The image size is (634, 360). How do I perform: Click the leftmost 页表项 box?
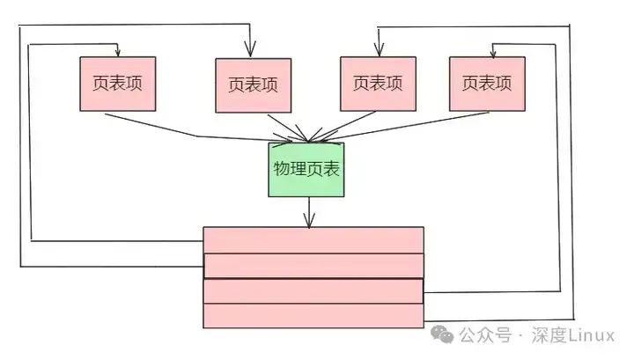[117, 84]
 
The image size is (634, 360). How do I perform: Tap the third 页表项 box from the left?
[378, 84]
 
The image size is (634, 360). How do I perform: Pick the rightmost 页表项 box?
[487, 84]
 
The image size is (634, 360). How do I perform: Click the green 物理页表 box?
[306, 170]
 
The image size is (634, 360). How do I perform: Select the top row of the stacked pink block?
[313, 240]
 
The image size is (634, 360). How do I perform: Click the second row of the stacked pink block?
[313, 266]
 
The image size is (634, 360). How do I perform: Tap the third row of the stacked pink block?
[313, 291]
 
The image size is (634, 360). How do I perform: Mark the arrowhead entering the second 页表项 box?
[251, 53]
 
